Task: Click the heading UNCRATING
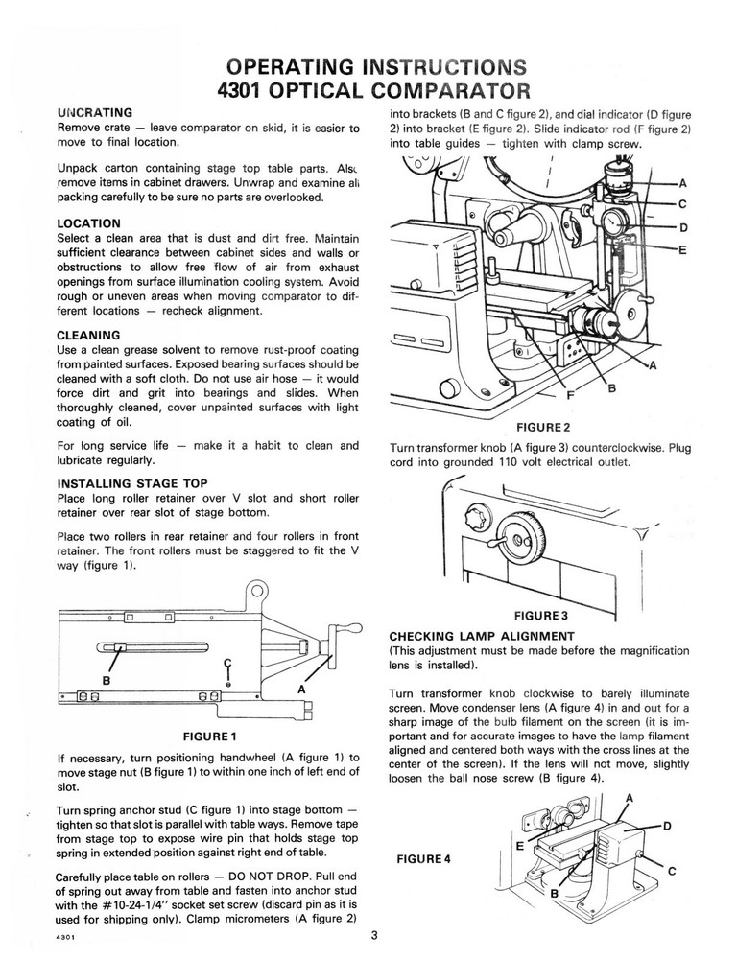95,112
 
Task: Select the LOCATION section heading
89,223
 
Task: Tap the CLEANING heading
88,335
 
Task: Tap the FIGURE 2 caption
543,426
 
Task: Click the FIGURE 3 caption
542,614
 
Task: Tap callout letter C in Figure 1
226,663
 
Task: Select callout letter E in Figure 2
682,249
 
